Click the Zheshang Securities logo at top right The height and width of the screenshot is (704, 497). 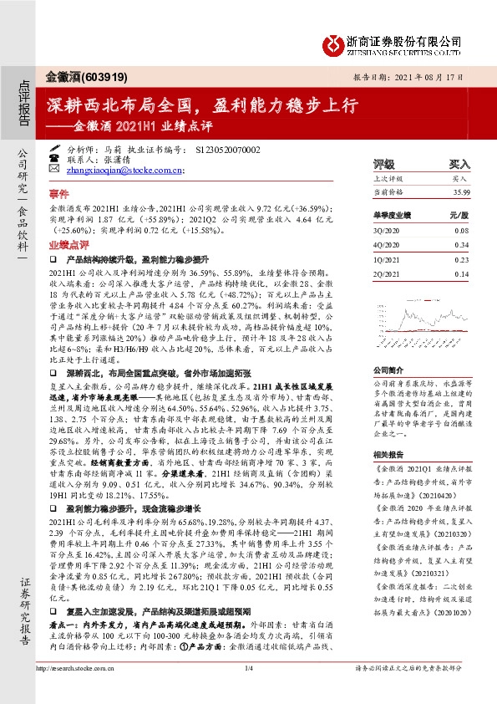(393, 43)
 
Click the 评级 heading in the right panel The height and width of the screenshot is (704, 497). (384, 164)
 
